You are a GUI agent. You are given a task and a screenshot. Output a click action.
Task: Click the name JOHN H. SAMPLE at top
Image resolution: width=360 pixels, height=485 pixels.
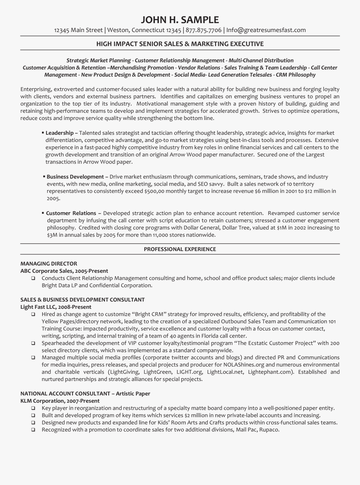pos(180,20)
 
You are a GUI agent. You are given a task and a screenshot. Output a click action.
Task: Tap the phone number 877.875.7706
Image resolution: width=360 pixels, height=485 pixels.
pos(204,30)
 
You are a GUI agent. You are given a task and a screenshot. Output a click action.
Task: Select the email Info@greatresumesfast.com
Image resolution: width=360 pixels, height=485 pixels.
pos(266,30)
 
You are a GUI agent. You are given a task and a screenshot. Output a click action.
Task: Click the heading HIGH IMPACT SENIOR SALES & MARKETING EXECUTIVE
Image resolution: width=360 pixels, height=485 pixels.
pos(180,44)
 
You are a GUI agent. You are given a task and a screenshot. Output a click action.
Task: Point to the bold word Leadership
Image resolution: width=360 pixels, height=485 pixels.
pos(59,133)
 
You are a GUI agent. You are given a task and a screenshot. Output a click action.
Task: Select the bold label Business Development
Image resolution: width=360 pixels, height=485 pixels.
pos(75,177)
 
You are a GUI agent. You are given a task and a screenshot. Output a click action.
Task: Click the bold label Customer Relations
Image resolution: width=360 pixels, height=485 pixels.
pos(71,214)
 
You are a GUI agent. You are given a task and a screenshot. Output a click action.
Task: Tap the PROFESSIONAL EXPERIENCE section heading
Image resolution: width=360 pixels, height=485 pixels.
pos(180,249)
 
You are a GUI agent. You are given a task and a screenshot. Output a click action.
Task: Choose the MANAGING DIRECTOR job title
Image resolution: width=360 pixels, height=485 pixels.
pos(49,264)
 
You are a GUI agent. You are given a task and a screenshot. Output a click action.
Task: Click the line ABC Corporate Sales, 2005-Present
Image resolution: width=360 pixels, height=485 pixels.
pos(64,271)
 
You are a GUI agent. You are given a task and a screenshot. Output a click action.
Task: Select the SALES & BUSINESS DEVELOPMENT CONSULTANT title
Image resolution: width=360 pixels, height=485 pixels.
pos(82,300)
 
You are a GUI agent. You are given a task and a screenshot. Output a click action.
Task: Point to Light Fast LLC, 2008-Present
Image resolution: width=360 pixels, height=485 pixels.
pos(56,307)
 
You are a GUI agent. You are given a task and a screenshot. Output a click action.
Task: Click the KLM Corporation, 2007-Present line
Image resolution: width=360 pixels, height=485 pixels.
pos(60,401)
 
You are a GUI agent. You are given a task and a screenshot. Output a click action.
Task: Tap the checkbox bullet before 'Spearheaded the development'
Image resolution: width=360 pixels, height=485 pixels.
pos(33,343)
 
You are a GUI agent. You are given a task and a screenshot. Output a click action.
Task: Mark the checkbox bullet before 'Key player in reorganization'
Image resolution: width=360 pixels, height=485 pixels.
pos(33,408)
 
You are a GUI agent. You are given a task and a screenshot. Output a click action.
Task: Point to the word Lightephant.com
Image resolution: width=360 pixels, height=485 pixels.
pos(270,372)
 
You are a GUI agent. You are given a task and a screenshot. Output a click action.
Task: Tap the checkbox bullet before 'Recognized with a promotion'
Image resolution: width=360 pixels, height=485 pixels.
pos(33,430)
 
